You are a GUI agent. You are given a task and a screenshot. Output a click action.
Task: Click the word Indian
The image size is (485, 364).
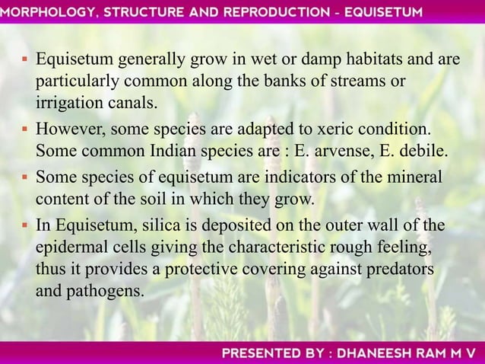coord(170,145)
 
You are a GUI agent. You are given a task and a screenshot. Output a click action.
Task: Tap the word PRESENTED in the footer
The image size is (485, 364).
coord(258,353)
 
